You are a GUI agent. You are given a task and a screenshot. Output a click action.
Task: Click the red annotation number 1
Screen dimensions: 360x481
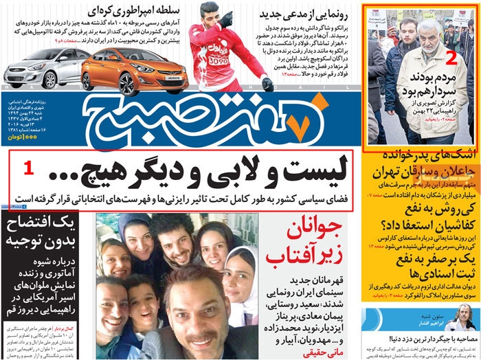point(27,167)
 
